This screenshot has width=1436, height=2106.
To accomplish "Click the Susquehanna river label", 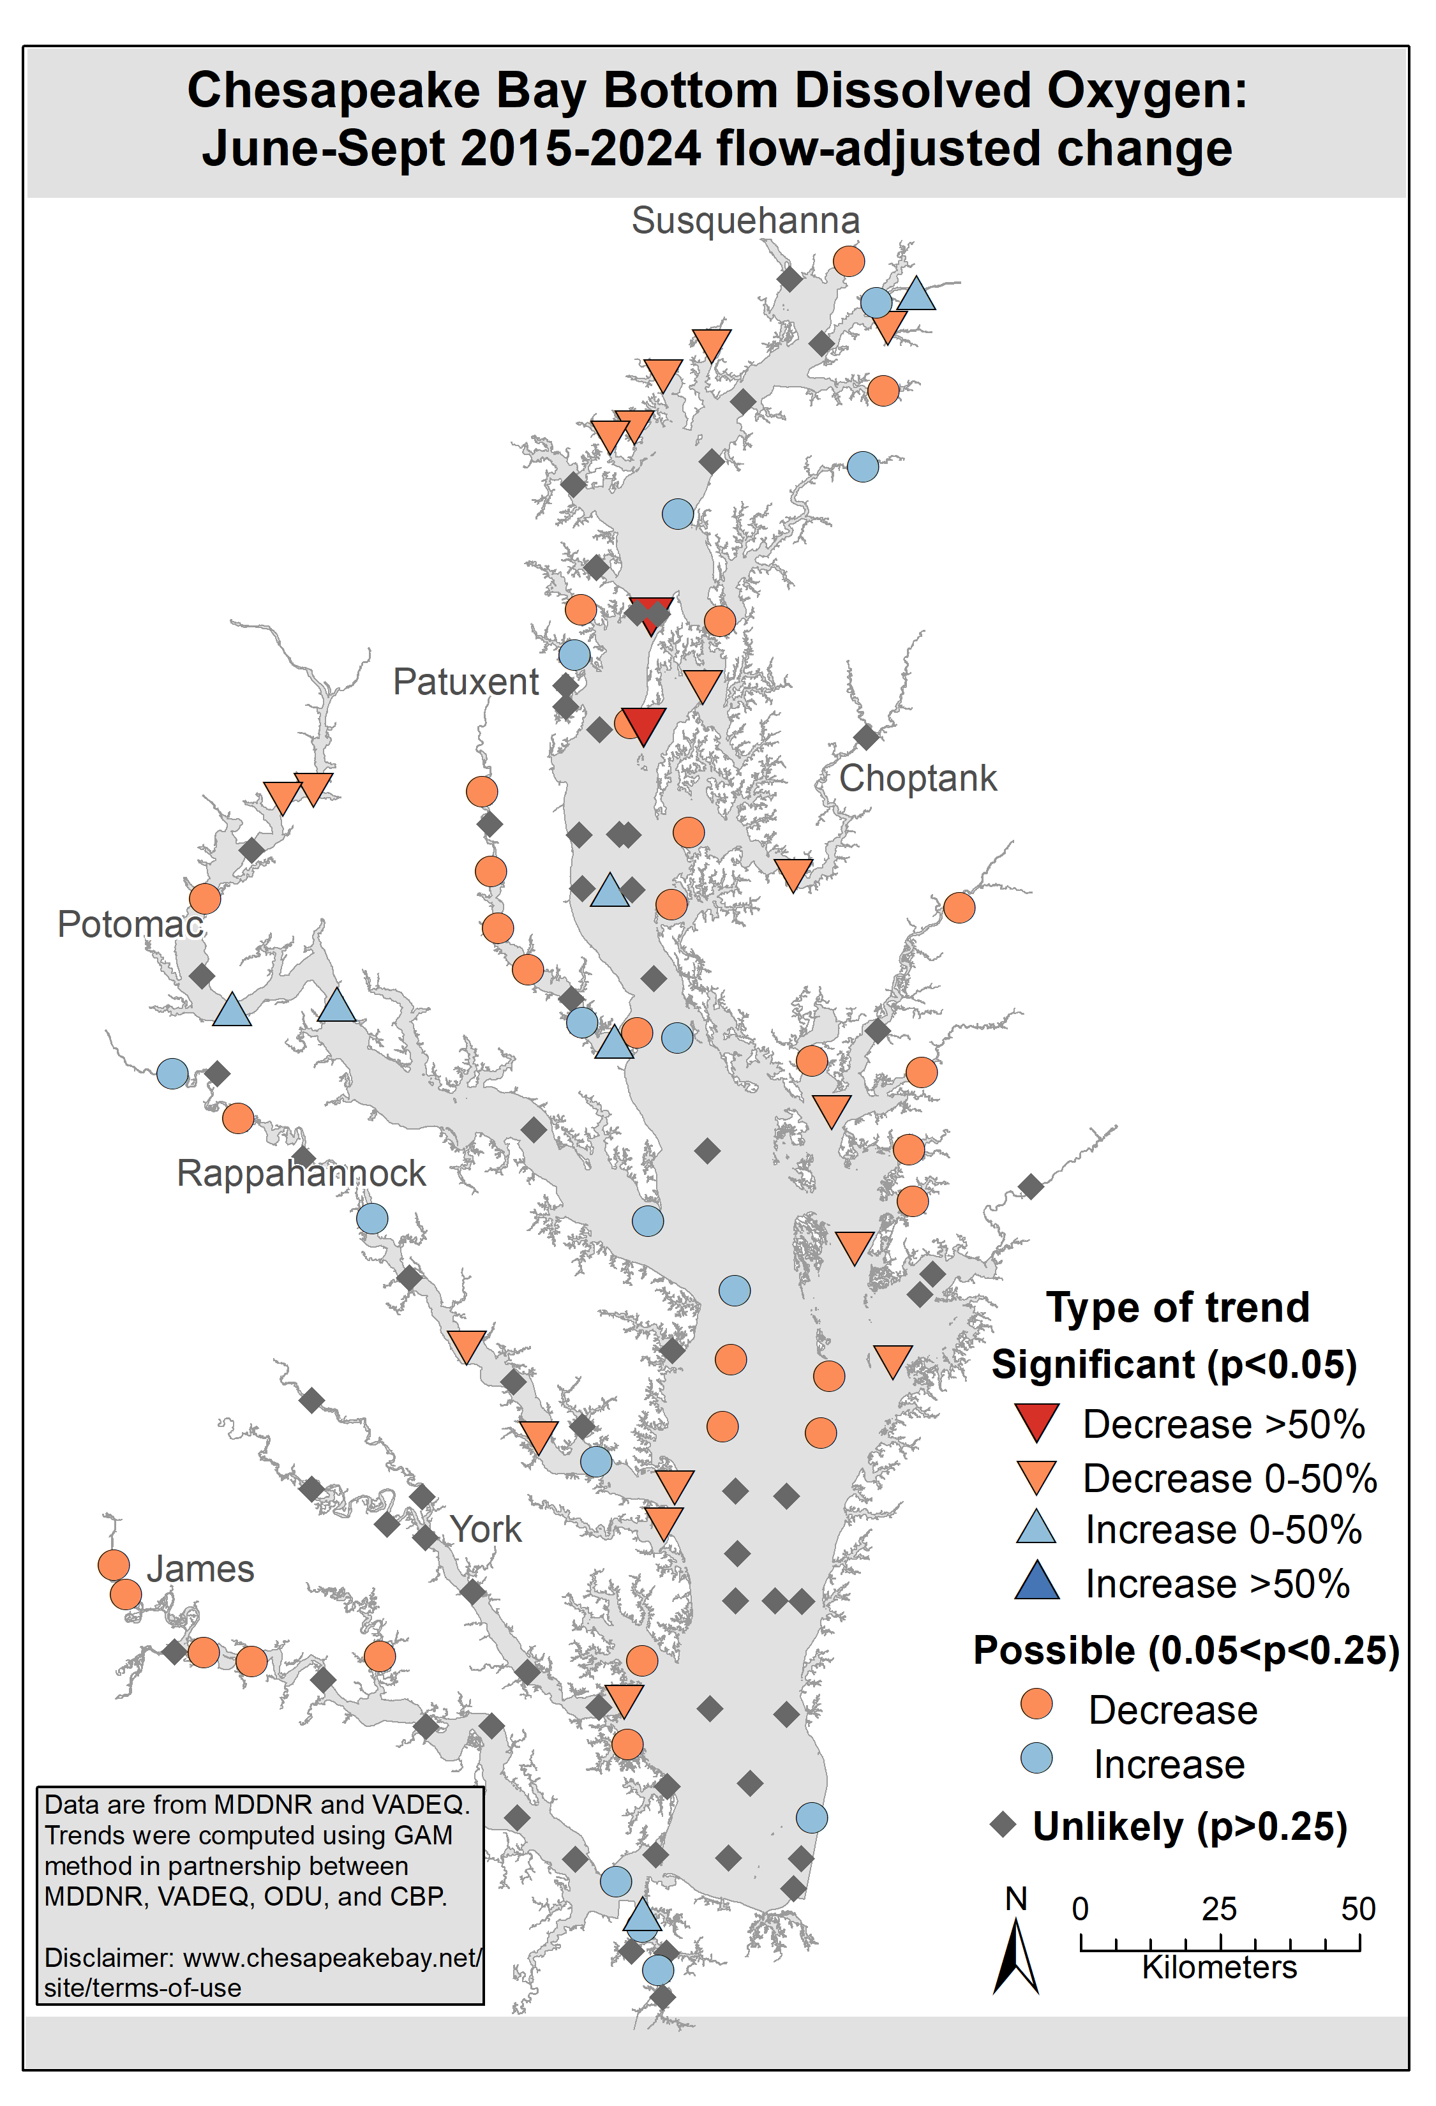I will click(745, 221).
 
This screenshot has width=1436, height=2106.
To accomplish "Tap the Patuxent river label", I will click(466, 682).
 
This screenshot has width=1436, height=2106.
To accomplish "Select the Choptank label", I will click(917, 779).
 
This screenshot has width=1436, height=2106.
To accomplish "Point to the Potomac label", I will click(130, 924).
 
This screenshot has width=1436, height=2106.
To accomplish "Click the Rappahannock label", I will click(301, 1174).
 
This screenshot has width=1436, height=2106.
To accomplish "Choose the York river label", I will click(486, 1530).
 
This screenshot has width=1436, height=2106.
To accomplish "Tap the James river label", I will click(200, 1569).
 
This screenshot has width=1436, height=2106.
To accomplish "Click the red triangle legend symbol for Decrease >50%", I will click(1036, 1421).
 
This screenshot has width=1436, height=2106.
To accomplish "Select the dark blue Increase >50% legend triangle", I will click(1036, 1581).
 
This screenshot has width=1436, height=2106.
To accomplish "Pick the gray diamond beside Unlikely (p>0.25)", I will click(1003, 1824).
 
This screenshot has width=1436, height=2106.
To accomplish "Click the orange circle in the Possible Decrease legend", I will click(1036, 1705).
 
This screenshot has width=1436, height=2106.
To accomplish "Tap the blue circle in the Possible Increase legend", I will click(1036, 1758).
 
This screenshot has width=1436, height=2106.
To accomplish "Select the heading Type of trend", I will click(1177, 1308).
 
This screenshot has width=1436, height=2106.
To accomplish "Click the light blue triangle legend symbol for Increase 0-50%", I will click(1036, 1528).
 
